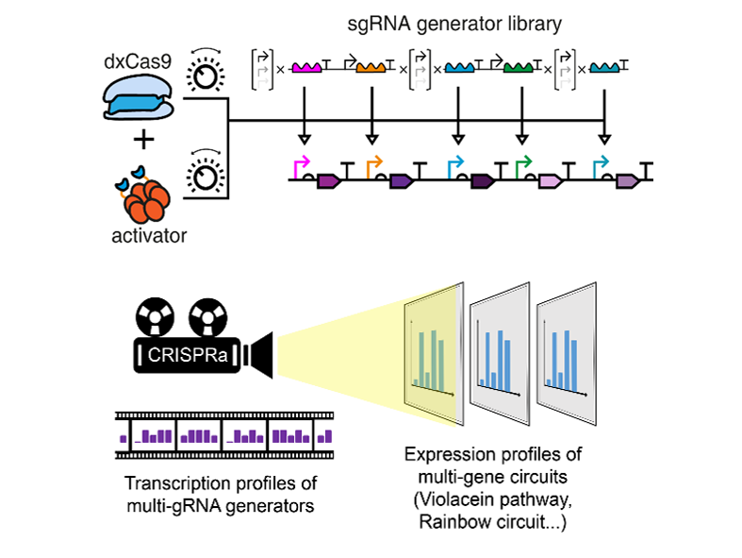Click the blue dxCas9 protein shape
139,98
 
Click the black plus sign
143,142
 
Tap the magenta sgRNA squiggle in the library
307,68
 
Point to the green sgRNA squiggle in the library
519,68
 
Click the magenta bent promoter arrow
302,165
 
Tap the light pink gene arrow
550,179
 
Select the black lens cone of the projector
259,353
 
